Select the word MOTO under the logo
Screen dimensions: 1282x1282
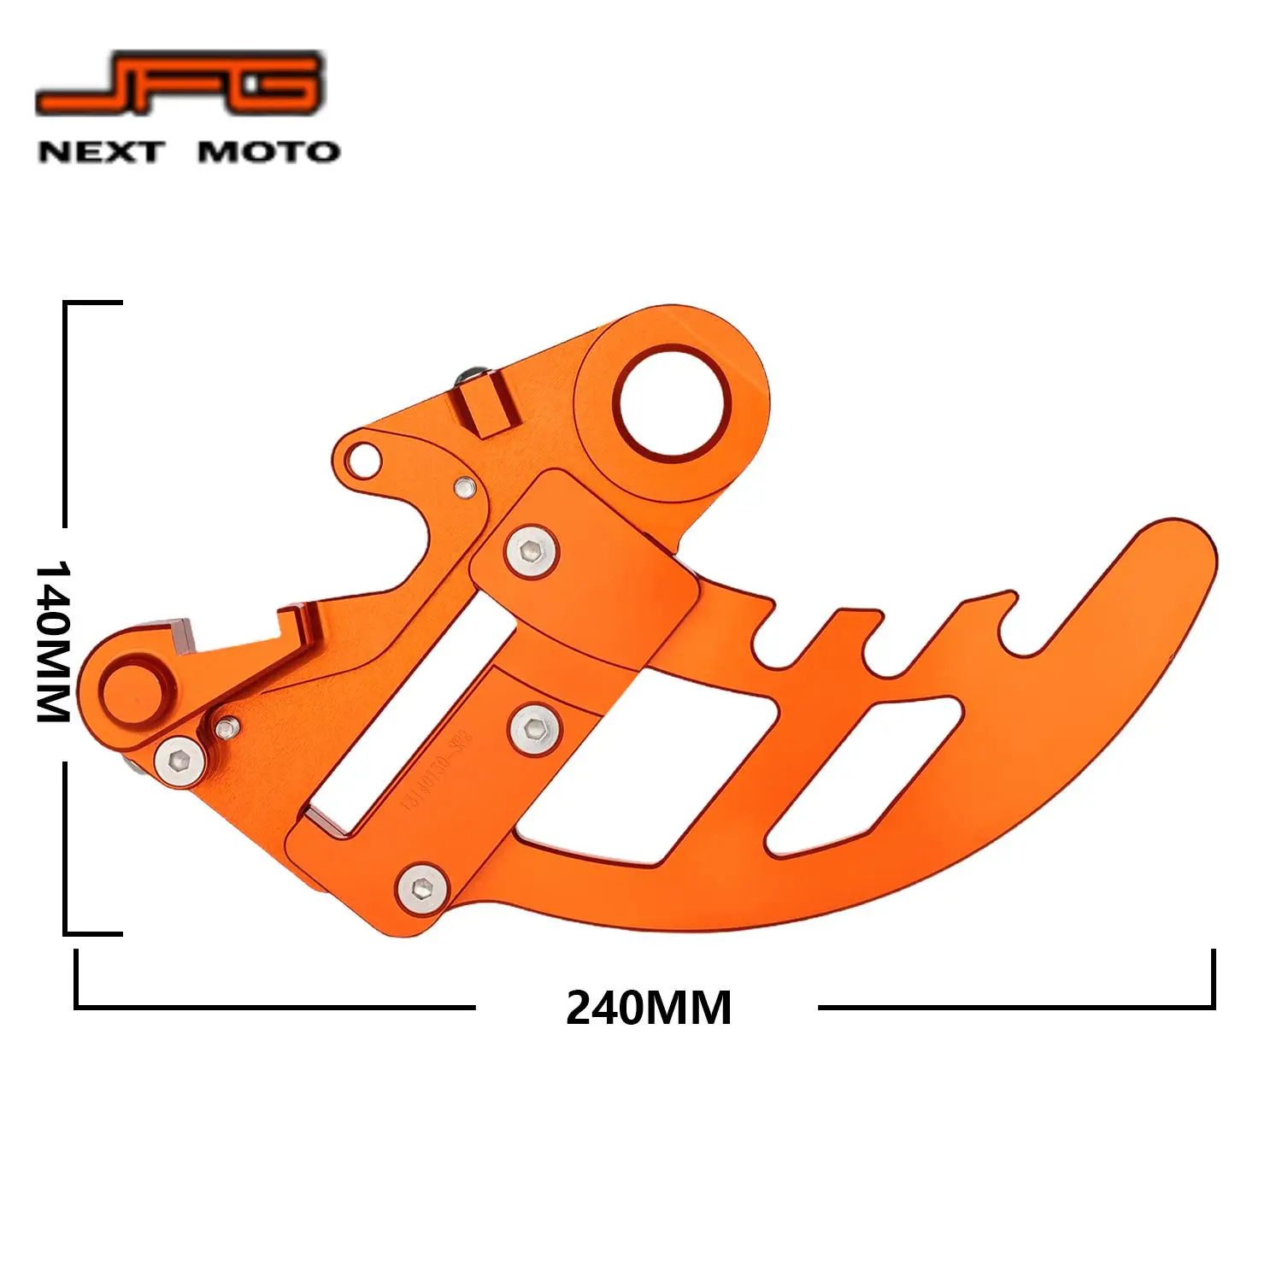(268, 152)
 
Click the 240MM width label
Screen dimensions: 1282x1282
(648, 1008)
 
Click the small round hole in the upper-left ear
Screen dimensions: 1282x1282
(362, 458)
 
